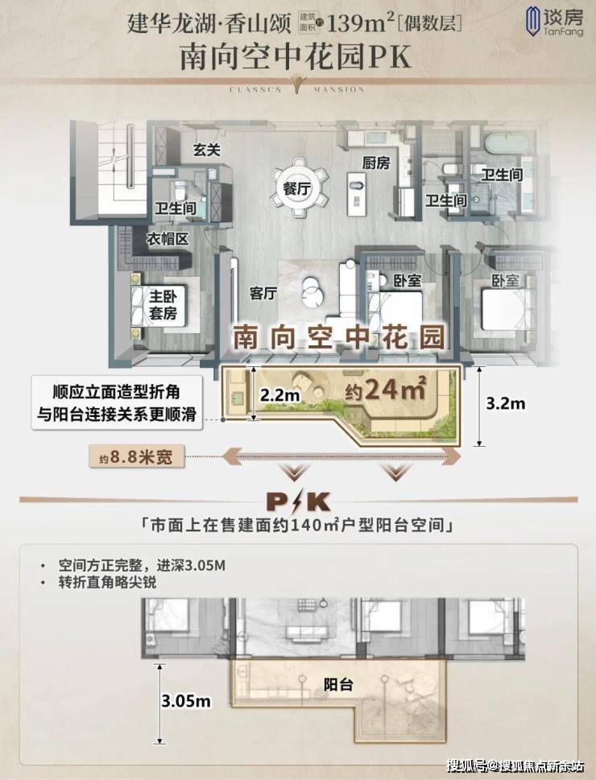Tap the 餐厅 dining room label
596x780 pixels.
296,189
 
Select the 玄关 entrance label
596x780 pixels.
207,149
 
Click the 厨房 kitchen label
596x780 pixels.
376,163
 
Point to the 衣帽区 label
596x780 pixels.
168,239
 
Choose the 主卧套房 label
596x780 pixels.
163,305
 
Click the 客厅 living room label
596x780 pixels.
263,293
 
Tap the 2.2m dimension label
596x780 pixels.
279,395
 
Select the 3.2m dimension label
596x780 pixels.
505,403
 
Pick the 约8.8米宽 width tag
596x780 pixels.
136,456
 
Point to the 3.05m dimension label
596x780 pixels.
186,701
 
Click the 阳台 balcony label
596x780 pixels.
338,684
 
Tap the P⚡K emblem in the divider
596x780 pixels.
298,501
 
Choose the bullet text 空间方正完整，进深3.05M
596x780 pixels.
142,566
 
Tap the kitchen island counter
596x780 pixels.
356,194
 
